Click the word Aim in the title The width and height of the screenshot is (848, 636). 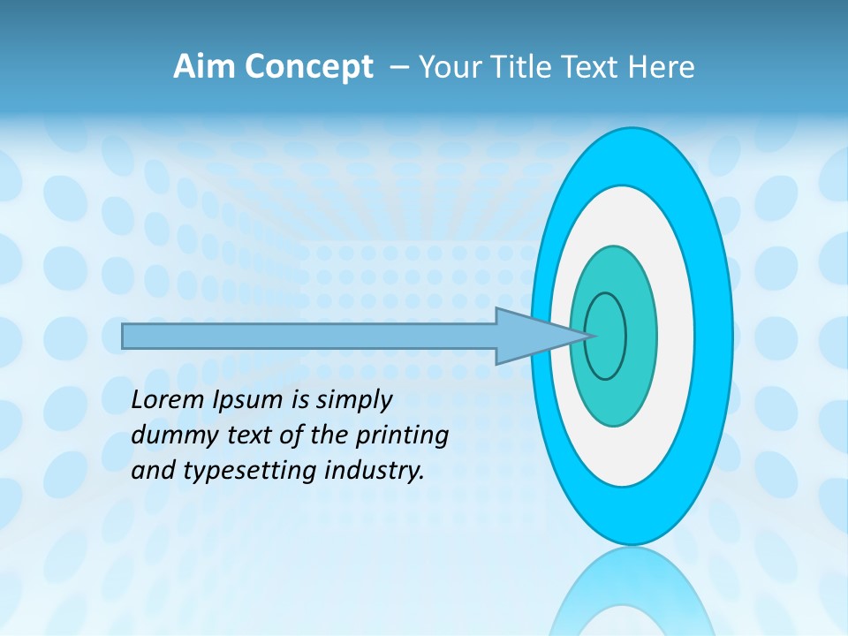click(204, 67)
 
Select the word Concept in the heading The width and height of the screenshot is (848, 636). click(308, 67)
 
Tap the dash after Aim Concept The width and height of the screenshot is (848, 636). click(398, 68)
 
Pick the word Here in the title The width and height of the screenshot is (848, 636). click(662, 67)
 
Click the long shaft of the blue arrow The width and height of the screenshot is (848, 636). click(309, 336)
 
